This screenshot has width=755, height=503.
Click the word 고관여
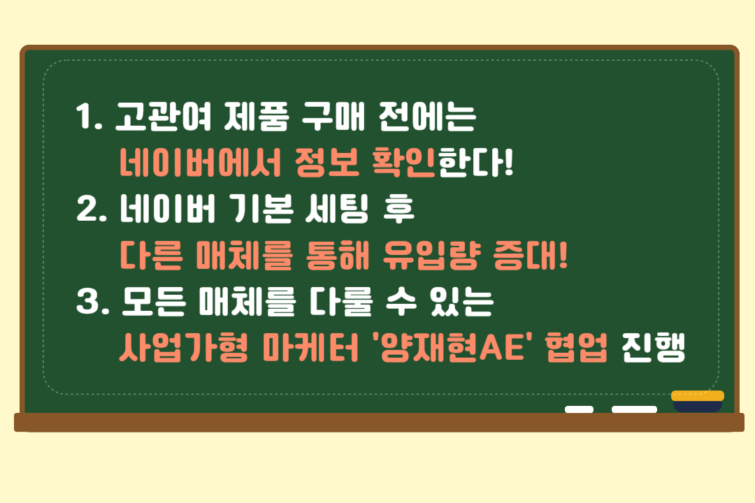pos(163,117)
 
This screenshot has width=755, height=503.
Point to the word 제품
pos(256,117)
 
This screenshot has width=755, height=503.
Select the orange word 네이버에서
pos(200,162)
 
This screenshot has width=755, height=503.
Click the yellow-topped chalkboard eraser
pos(698,402)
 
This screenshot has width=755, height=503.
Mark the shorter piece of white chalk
pos(580,409)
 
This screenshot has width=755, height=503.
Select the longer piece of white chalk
pos(634,409)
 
